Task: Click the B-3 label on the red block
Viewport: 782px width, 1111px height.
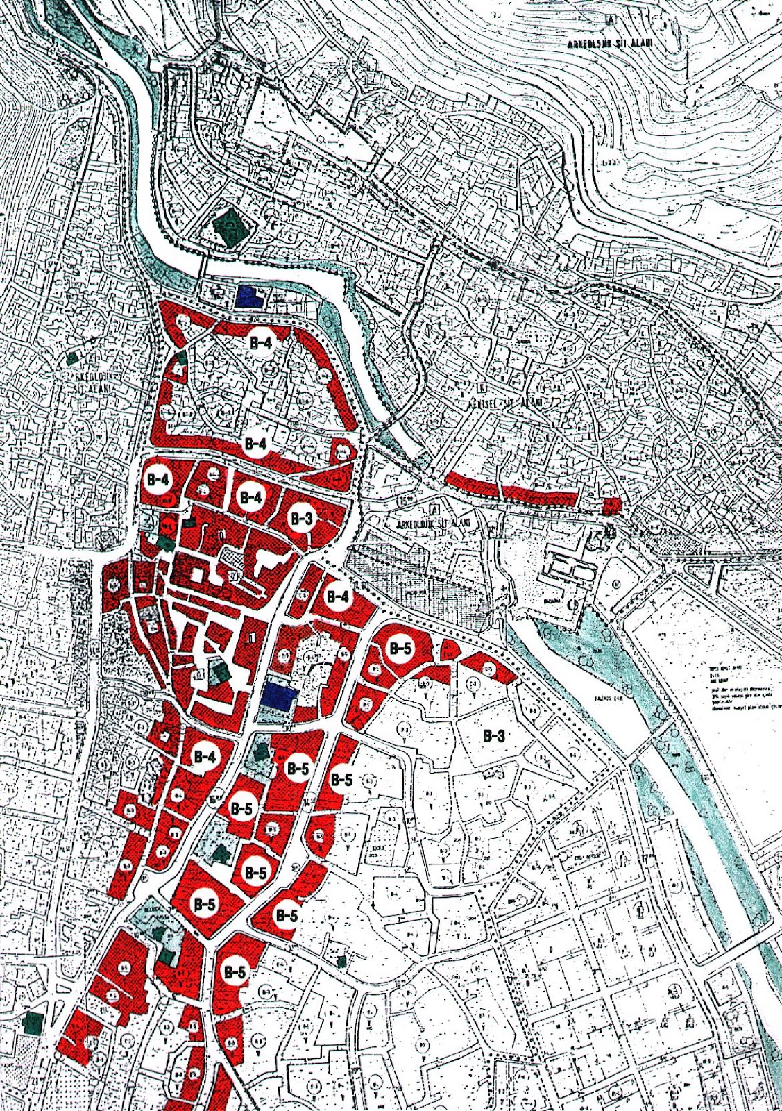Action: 301,519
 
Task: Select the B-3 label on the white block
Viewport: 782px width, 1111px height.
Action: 493,737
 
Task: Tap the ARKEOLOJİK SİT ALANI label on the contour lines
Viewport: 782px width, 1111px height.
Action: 608,43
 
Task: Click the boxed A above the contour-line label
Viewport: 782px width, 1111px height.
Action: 609,19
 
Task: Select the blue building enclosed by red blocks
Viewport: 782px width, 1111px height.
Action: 280,696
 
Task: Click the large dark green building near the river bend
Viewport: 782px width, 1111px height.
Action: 230,224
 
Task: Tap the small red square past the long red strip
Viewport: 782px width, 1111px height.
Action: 611,506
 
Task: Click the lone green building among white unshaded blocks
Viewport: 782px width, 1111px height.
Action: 341,961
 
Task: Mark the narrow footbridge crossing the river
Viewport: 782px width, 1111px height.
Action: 205,265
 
